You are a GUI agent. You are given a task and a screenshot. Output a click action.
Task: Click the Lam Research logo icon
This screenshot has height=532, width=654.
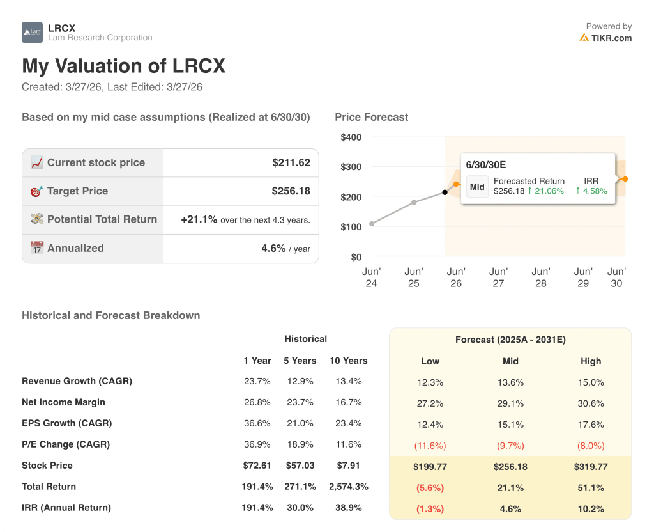[x=32, y=33]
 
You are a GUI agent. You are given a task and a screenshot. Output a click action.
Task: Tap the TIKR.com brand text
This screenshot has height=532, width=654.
[x=611, y=38]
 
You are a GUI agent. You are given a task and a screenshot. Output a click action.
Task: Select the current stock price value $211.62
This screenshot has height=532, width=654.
[x=291, y=162]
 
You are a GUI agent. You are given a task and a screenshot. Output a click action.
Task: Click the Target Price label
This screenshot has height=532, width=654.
[x=77, y=191]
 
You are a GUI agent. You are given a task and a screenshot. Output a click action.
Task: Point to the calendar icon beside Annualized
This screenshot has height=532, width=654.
[x=36, y=248]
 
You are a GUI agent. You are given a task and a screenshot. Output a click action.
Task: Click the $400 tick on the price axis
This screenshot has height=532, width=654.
[x=351, y=137]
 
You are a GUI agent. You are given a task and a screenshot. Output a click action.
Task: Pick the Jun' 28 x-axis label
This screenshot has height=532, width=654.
[x=540, y=278]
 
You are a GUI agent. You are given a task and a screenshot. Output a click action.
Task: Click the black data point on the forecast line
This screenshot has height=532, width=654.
[x=445, y=192]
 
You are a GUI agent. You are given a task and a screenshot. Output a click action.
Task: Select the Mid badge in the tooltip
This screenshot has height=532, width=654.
[x=477, y=187]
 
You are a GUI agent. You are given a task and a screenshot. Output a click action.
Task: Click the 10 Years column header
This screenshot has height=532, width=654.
[x=348, y=361]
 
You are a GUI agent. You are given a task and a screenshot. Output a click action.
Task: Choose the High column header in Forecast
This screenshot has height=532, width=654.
[x=591, y=361]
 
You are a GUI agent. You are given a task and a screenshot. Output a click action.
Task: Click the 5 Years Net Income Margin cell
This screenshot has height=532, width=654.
[x=300, y=402]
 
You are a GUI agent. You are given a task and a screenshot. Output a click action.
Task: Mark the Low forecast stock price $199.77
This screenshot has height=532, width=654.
[x=430, y=467]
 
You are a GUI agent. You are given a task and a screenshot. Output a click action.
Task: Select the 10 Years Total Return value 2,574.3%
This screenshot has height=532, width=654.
[x=348, y=487]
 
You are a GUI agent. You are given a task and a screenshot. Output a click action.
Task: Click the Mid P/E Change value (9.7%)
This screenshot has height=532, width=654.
[x=510, y=446]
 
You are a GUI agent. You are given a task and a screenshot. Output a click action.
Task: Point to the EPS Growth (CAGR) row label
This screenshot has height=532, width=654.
[x=66, y=423]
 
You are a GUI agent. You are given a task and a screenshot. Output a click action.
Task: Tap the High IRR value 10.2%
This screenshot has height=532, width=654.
[x=591, y=509]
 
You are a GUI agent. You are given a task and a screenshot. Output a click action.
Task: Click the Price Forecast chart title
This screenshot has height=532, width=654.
[x=371, y=117]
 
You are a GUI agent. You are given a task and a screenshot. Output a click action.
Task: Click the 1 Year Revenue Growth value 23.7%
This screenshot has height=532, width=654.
[x=257, y=381]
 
